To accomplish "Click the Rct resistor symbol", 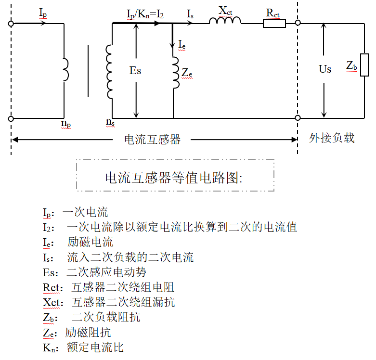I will pyautogui.click(x=274, y=23).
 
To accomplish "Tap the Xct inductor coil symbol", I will pyautogui.click(x=225, y=21).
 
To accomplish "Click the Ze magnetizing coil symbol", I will pyautogui.click(x=175, y=73).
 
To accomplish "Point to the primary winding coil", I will pyautogui.click(x=66, y=69).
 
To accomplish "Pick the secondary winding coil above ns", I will pyautogui.click(x=109, y=71).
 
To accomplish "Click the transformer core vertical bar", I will pyautogui.click(x=88, y=71).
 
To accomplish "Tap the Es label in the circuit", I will pyautogui.click(x=136, y=70).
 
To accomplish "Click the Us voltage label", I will pyautogui.click(x=325, y=69).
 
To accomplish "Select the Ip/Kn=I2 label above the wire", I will pyautogui.click(x=145, y=14).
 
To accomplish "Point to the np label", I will pyautogui.click(x=66, y=123).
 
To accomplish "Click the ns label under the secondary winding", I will pyautogui.click(x=110, y=123).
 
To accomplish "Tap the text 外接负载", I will pyautogui.click(x=332, y=138).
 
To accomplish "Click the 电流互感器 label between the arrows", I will pyautogui.click(x=153, y=140).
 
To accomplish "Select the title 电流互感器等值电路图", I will pyautogui.click(x=174, y=178).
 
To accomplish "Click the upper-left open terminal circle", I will pyautogui.click(x=11, y=23).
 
